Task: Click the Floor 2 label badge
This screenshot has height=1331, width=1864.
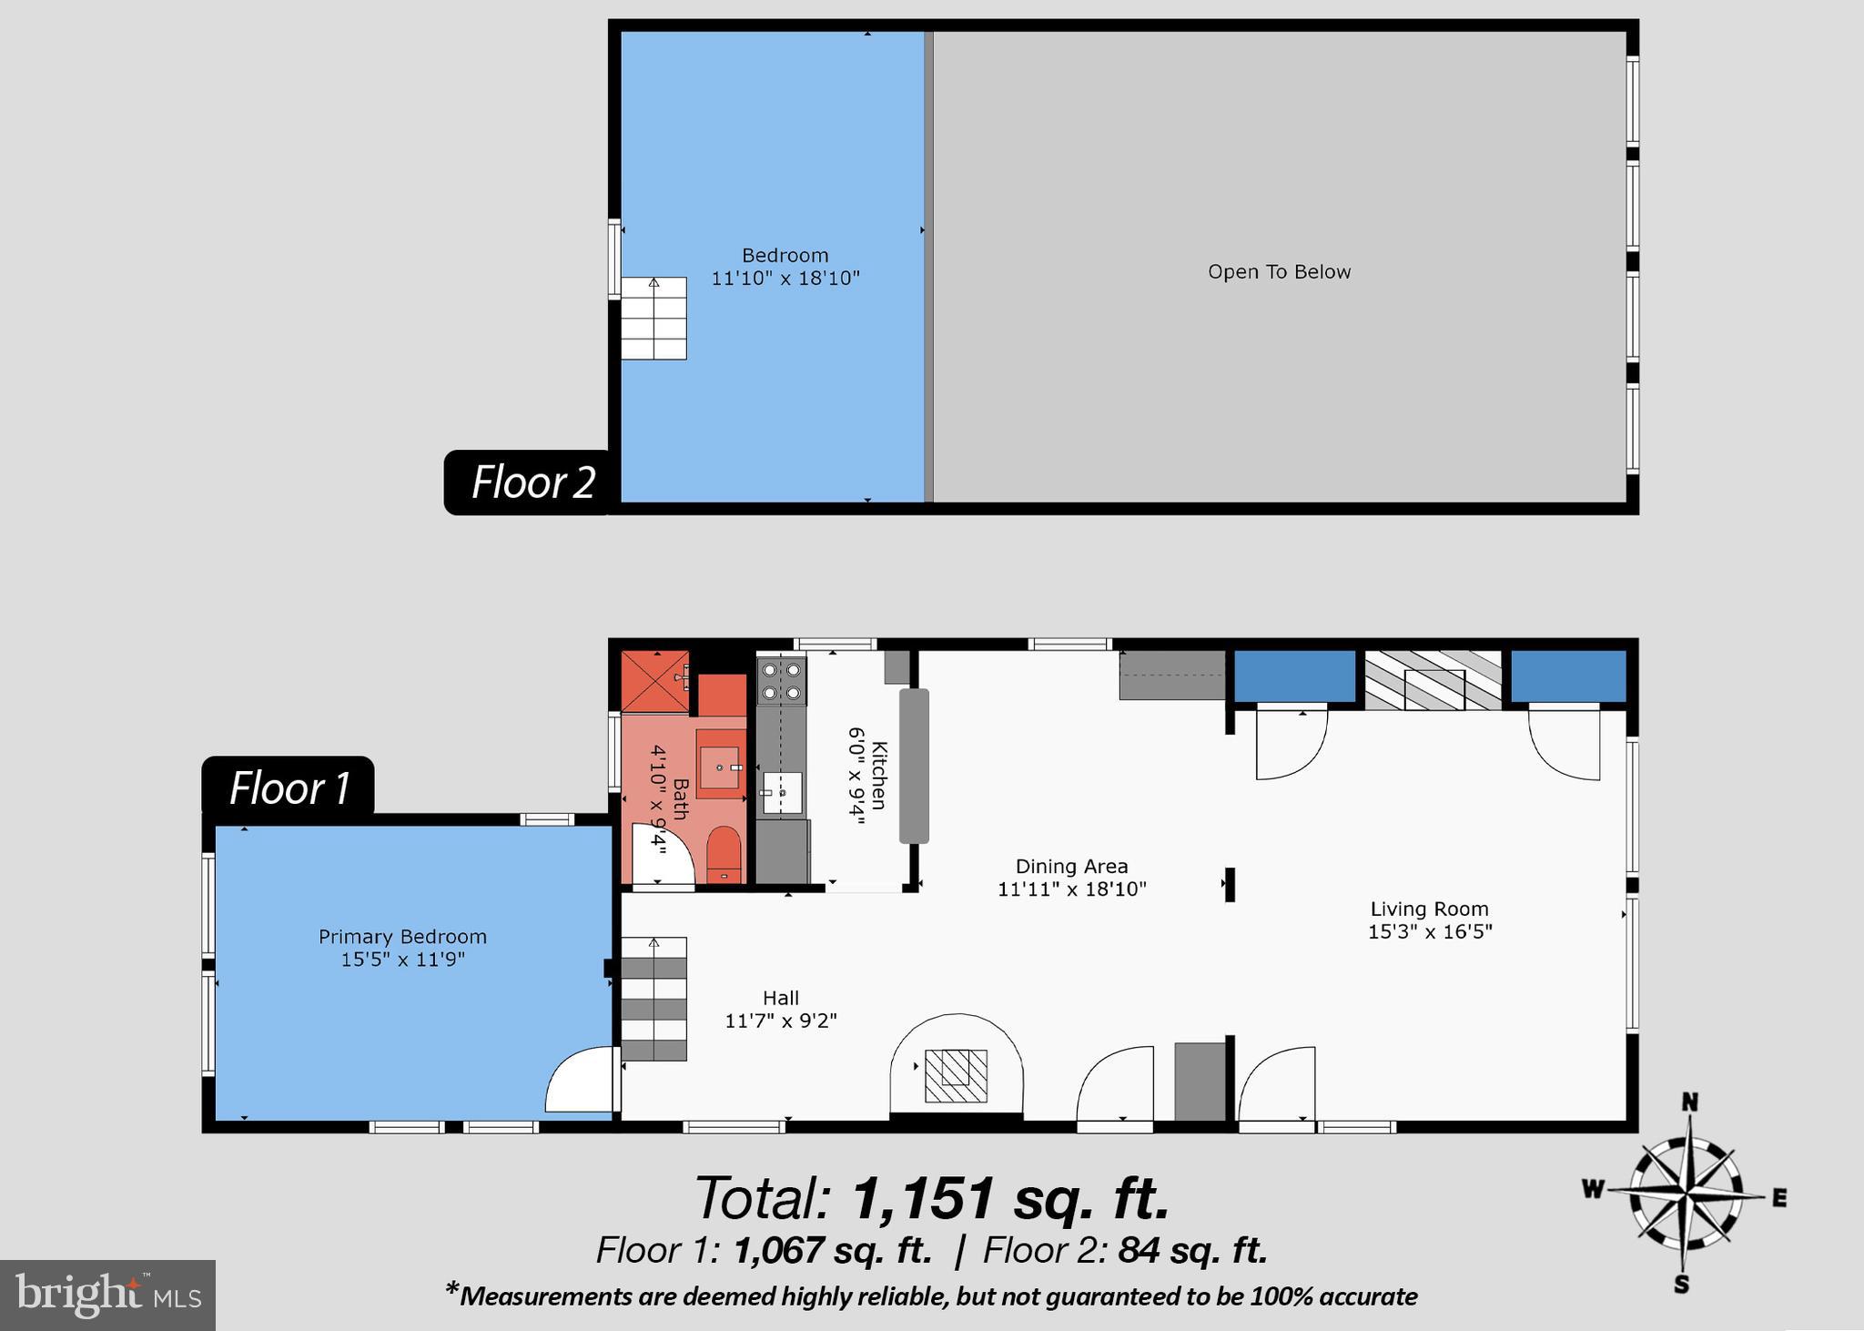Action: pos(532,483)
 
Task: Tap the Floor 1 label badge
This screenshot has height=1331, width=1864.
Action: pos(289,787)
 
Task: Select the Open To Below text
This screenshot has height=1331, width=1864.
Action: pos(1279,272)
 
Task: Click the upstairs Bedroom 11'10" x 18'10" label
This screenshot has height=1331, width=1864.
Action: pos(785,267)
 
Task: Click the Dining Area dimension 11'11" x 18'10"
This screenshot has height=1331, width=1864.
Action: pos(1071,889)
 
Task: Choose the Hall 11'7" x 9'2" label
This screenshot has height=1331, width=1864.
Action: pos(780,1010)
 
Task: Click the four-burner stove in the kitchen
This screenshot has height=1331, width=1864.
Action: pos(782,681)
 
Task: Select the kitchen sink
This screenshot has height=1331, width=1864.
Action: pos(781,793)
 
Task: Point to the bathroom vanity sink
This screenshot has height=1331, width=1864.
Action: pos(721,765)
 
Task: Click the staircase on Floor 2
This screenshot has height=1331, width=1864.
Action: pos(653,319)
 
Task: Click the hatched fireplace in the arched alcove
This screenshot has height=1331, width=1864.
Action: pos(956,1076)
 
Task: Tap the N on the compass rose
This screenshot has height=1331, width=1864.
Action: pos(1689,1103)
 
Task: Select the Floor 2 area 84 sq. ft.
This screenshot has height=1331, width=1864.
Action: pos(1192,1251)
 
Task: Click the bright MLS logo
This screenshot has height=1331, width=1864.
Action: pos(107,1295)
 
